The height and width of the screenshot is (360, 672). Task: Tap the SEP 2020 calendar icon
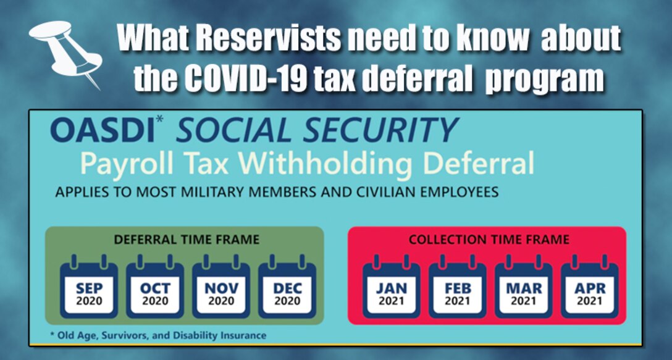click(x=89, y=289)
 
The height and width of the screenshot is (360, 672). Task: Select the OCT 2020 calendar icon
click(x=155, y=289)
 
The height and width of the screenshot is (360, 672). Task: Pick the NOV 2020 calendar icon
click(x=221, y=289)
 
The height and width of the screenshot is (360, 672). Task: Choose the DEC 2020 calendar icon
click(x=287, y=289)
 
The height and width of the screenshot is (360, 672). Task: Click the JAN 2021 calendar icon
click(x=392, y=289)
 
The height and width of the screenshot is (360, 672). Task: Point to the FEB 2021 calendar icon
click(x=458, y=289)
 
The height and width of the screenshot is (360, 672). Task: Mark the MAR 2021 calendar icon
click(x=524, y=289)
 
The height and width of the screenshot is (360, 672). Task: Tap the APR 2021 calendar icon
click(x=590, y=289)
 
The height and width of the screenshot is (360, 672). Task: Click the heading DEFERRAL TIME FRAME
click(x=187, y=240)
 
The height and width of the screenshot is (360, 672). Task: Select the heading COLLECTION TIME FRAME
click(x=489, y=240)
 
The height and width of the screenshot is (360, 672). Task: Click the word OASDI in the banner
click(x=101, y=130)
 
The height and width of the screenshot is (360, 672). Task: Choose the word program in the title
click(x=544, y=80)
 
